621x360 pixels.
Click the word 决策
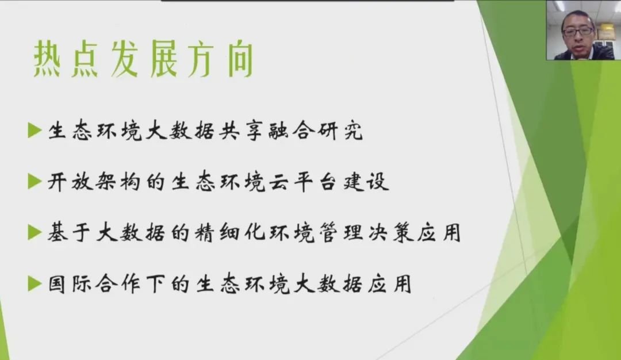point(390,232)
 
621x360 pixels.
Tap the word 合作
point(119,284)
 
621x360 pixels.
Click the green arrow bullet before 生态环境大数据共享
point(35,131)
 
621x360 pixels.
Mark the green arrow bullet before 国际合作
point(35,284)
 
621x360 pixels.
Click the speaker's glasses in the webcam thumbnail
point(578,32)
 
